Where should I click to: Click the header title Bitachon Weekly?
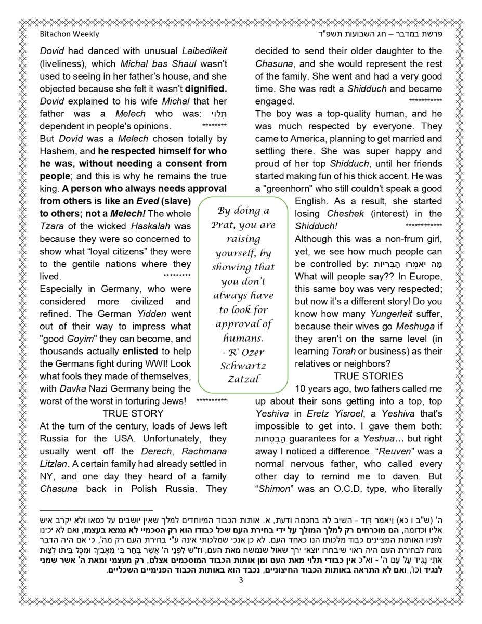click(x=69, y=34)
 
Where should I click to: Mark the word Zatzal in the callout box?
click(x=243, y=379)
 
